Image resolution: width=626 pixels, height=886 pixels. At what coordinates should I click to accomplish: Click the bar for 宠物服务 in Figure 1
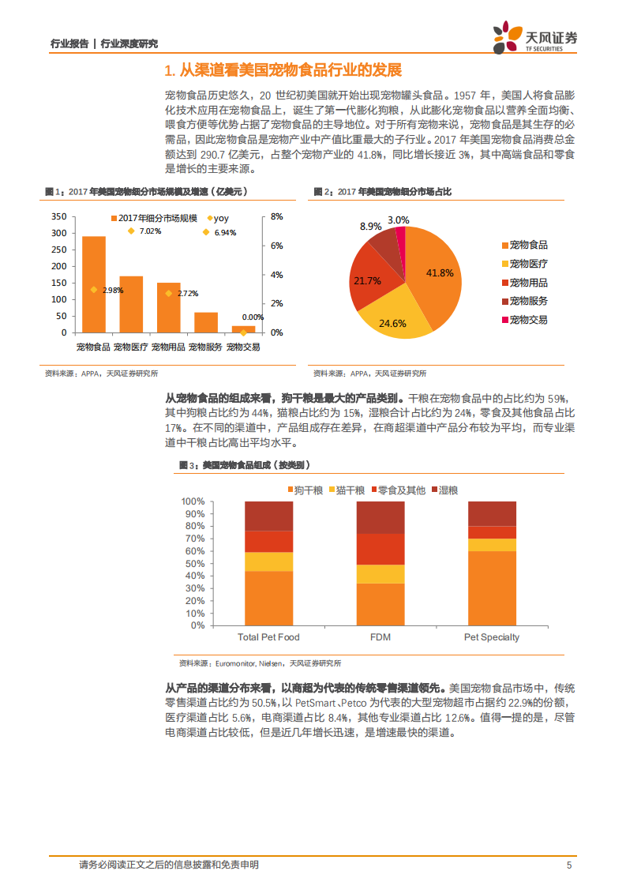(206, 322)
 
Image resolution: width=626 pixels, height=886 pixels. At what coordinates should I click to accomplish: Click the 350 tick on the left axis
(58, 216)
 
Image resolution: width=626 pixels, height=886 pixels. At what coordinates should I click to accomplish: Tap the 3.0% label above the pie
(399, 220)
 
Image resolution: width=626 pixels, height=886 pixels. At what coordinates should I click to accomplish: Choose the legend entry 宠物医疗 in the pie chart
(528, 264)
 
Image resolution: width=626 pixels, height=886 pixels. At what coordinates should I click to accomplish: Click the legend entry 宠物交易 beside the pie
(528, 320)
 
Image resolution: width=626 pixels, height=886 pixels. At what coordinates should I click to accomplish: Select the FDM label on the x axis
(380, 636)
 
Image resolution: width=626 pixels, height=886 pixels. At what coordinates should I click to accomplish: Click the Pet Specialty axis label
(492, 636)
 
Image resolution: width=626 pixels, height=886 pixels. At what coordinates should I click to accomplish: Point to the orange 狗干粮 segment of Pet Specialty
(492, 588)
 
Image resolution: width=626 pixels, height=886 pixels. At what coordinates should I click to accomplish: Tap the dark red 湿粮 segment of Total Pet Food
(268, 516)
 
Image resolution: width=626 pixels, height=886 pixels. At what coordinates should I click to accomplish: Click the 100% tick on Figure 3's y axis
(193, 501)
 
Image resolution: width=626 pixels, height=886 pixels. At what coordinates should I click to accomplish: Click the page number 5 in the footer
(568, 865)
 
